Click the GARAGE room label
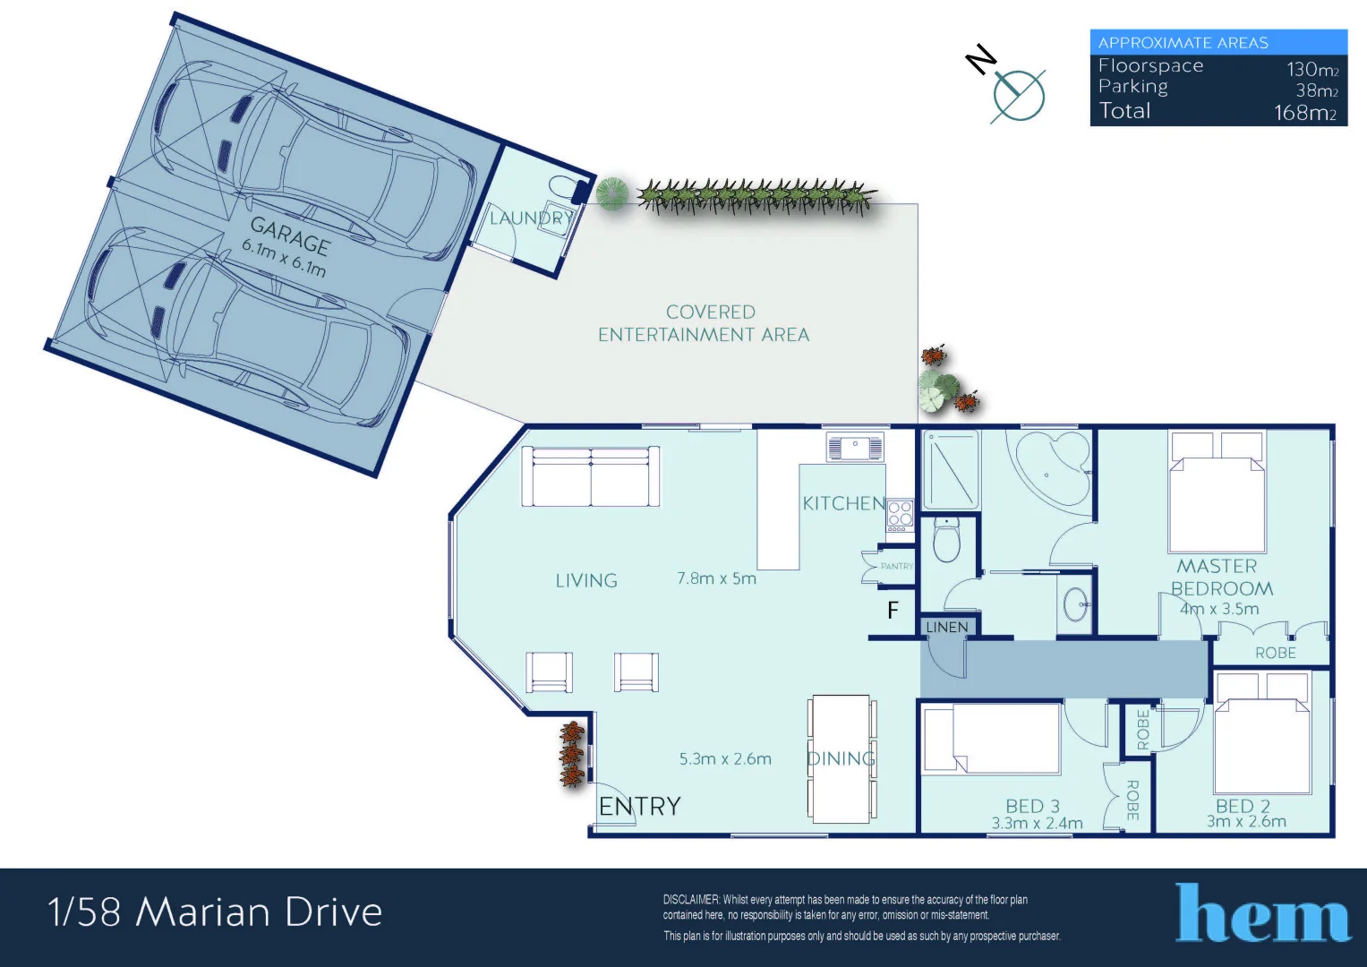290,235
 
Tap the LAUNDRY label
530,218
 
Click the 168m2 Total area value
1305,113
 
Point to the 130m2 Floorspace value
1311,69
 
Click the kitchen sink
855,446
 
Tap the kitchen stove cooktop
900,515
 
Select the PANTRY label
896,566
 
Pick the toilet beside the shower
946,540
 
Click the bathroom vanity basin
1075,604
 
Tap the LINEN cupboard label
946,627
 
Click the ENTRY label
639,807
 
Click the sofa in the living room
591,476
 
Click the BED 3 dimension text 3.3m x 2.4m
1037,824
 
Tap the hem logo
1262,914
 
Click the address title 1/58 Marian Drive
215,912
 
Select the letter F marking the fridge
893,611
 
